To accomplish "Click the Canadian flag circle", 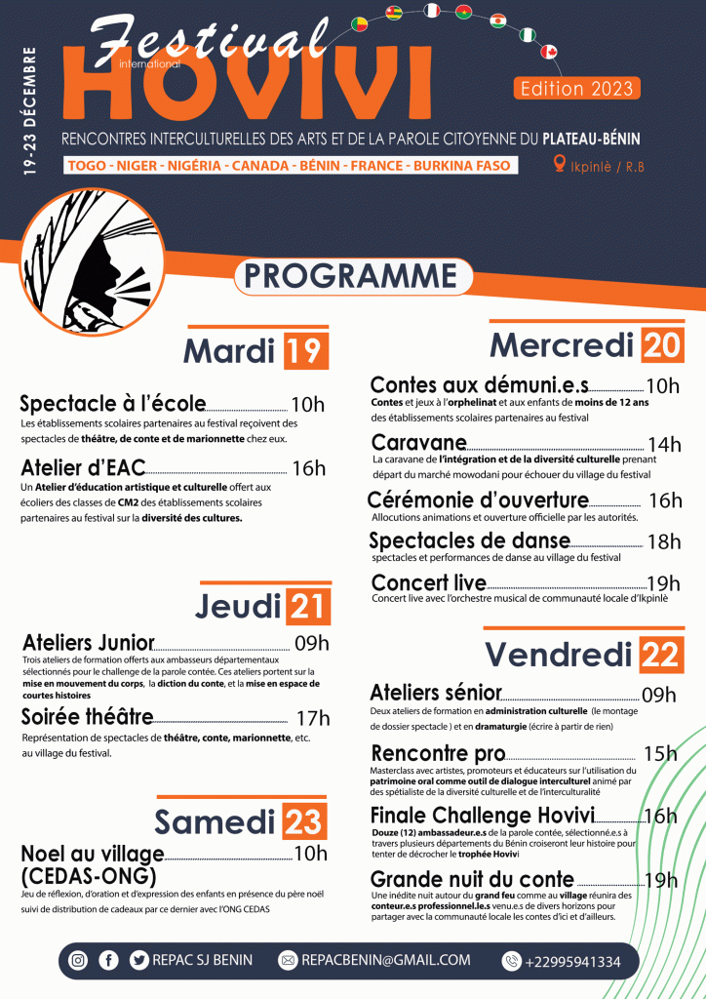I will coord(548,52).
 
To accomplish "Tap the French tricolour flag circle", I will coord(433,11).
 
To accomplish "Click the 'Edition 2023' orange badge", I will coord(576,88).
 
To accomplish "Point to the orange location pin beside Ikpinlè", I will coord(560,164).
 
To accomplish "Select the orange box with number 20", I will coord(663,344).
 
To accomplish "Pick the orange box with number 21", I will coord(306,607).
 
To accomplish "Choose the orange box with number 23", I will coord(303,823).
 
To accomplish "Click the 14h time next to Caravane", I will coord(664,445).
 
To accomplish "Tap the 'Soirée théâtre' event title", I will coord(87,718).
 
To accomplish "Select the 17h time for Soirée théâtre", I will coord(312,719).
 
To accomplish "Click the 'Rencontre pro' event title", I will coord(438,753).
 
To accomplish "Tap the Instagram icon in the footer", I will coord(78,961).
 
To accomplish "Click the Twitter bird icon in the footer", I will coord(138,961).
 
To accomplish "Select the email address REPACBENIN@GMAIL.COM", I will coord(386,961).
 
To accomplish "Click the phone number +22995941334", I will coord(571,962).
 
